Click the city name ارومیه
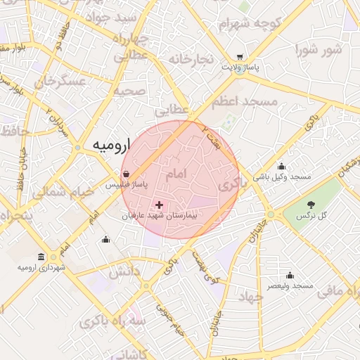[111, 146]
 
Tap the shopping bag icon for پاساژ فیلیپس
[125, 174]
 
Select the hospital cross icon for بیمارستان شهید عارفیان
[160, 205]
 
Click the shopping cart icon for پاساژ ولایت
[240, 57]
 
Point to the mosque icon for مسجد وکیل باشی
[281, 167]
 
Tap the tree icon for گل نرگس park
[311, 204]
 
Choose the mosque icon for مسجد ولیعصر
[290, 275]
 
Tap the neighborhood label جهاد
[250, 297]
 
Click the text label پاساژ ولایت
[241, 67]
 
